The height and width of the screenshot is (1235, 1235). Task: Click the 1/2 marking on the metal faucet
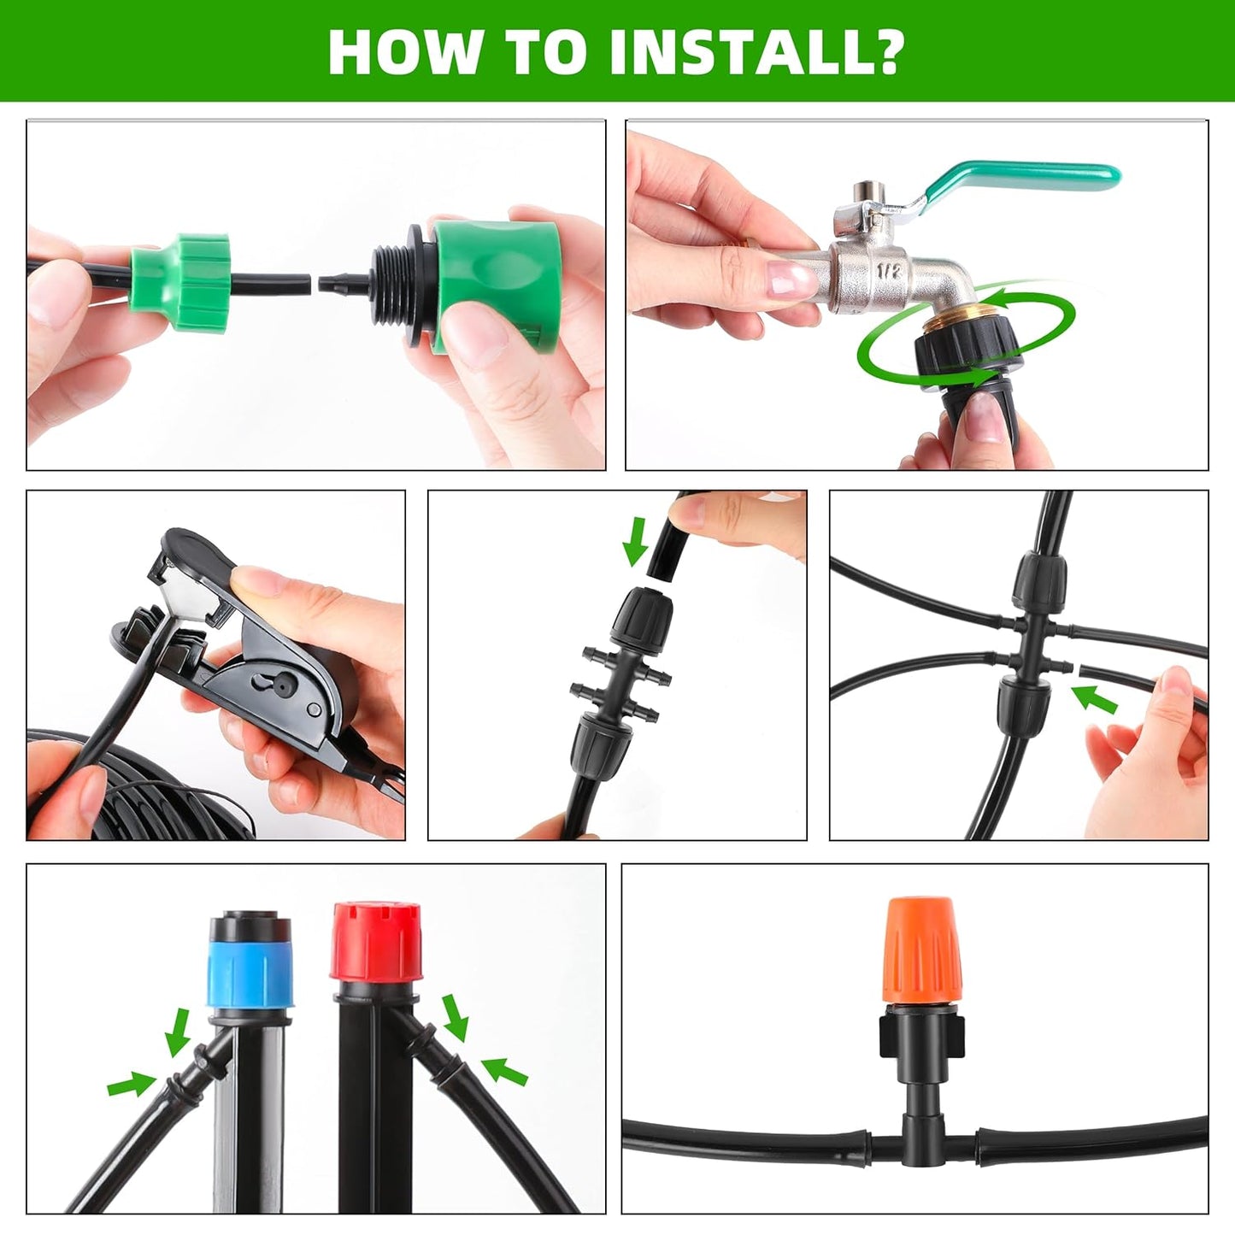point(889,272)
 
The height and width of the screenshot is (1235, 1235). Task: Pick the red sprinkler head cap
point(375,940)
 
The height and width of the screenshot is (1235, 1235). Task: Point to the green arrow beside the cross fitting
point(1096,699)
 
